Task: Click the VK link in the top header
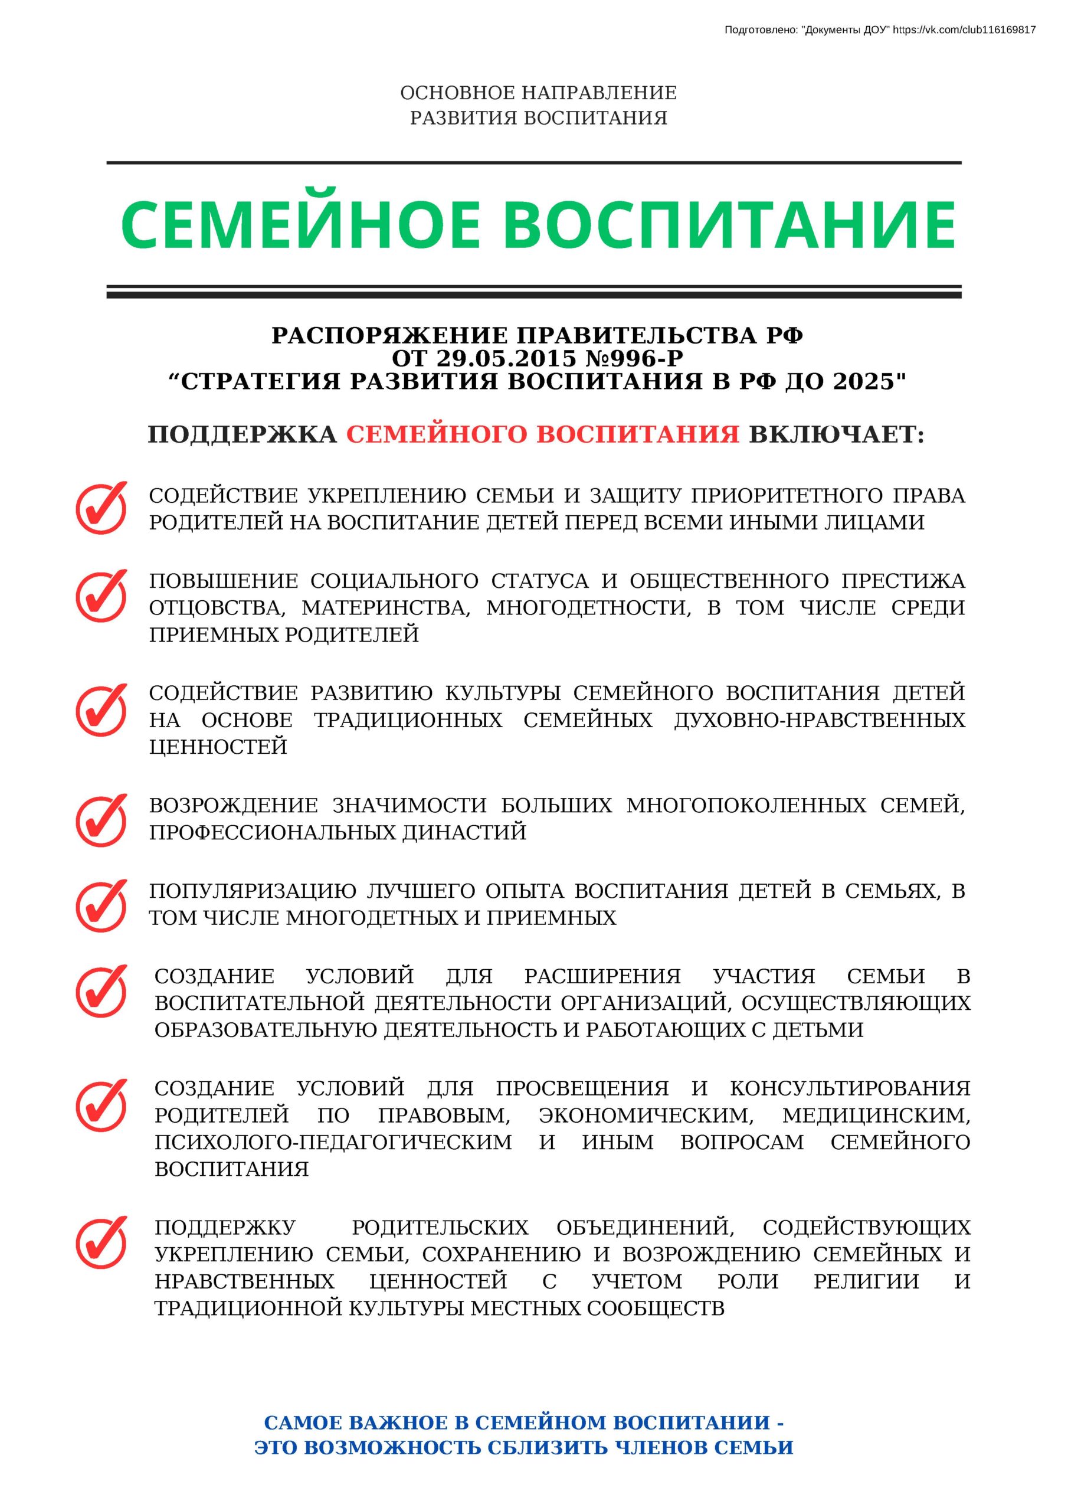point(964,30)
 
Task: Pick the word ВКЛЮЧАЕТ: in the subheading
point(836,434)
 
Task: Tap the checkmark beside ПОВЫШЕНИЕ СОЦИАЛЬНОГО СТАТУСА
point(101,596)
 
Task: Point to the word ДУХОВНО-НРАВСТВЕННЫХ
point(819,720)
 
